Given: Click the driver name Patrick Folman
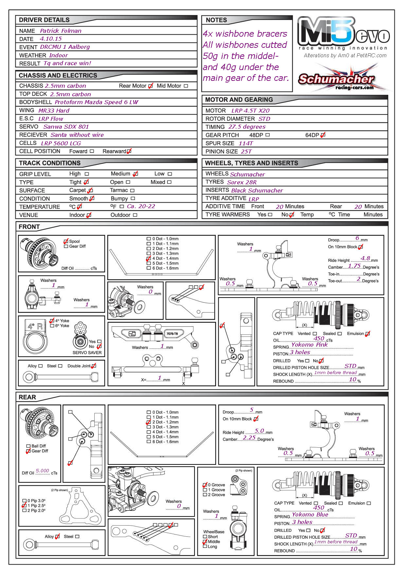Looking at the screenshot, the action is tap(61, 31).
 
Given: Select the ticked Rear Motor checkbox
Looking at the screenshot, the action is tap(150, 86).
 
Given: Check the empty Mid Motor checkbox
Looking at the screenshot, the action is tap(186, 86).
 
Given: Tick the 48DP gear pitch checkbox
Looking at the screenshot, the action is tap(268, 135).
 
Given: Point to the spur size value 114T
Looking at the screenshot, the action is tap(246, 143).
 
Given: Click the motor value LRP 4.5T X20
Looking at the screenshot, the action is tap(250, 111).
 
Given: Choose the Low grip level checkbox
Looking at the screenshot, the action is tap(170, 174).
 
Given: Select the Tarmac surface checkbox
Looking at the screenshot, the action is tap(132, 190).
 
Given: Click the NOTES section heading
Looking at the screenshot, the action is tap(216, 20).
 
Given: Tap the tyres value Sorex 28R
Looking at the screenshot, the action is tap(242, 182).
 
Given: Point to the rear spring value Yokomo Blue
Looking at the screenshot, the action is tap(310, 514).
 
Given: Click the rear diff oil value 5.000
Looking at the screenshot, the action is tap(42, 471).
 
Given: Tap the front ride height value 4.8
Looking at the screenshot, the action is tap(365, 258).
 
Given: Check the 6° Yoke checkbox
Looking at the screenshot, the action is tap(52, 326).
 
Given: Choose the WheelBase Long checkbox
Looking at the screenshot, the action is tap(205, 547).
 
